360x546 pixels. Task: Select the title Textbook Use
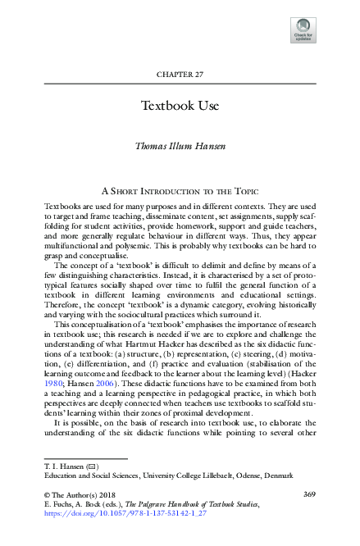point(180,107)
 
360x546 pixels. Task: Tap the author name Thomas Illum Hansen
point(180,147)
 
